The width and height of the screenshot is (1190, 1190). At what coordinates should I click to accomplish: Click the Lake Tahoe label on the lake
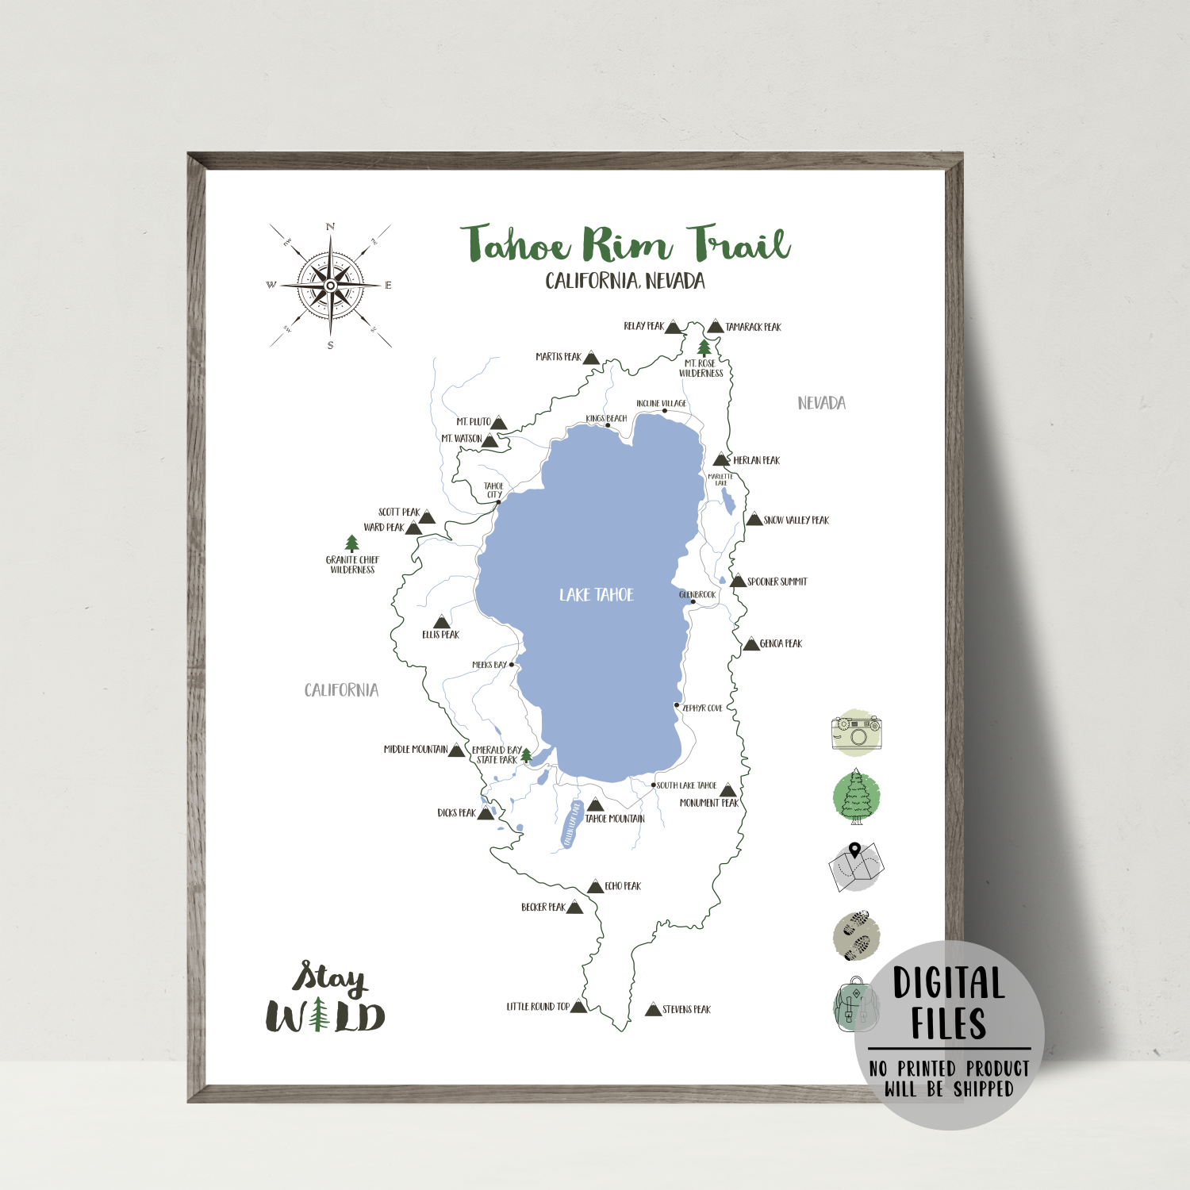pos(597,595)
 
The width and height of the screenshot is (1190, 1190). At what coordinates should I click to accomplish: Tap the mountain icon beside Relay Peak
pos(674,327)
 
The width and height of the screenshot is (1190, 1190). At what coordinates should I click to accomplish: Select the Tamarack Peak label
pos(753,327)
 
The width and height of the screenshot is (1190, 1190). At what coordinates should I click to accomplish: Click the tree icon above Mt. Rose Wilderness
pos(704,347)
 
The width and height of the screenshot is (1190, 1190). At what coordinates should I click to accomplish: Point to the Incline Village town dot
pos(665,411)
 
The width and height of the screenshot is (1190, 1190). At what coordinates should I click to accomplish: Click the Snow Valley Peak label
pos(796,520)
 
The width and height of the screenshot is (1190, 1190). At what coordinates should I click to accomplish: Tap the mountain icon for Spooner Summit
pos(738,582)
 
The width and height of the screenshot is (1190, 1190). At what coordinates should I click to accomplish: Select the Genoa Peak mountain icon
pos(751,643)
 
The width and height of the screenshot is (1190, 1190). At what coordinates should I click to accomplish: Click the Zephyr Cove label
pos(703,708)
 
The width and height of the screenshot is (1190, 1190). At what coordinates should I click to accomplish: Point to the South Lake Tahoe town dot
pos(654,785)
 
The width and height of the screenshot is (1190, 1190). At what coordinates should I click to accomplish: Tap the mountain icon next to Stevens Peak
pos(653,1009)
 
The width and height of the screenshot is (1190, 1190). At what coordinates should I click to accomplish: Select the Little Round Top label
pos(538,1007)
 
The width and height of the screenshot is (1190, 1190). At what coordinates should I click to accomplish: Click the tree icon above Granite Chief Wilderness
pos(352,543)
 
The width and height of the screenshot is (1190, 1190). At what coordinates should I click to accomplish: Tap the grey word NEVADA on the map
pos(821,403)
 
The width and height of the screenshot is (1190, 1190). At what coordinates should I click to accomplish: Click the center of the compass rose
pos(331,285)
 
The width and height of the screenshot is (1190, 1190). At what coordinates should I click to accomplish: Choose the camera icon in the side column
pos(857,731)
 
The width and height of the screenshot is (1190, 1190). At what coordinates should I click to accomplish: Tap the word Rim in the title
pos(627,244)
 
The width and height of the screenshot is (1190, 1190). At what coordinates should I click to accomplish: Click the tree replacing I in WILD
pos(319,1015)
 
